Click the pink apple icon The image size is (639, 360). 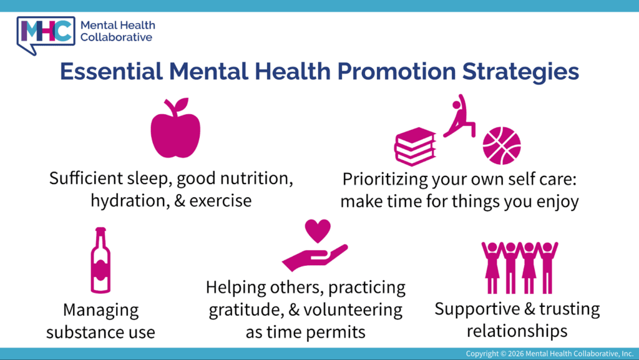pos(175,130)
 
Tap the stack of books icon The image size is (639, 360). pos(415,147)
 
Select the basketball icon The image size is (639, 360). pos(502,146)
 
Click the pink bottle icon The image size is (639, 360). pos(100,261)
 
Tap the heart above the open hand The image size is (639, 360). pos(318,230)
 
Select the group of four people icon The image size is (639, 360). pos(520,268)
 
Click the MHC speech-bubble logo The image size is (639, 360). pos(46,35)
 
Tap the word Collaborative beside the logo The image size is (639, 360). pos(116,37)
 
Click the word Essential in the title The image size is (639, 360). pos(111,71)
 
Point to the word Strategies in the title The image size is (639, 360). pos(520,72)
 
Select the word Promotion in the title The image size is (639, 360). pos(396,71)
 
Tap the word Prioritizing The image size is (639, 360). pos(385,179)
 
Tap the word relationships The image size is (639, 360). pos(517,331)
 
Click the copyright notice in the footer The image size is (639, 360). pos(549,354)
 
